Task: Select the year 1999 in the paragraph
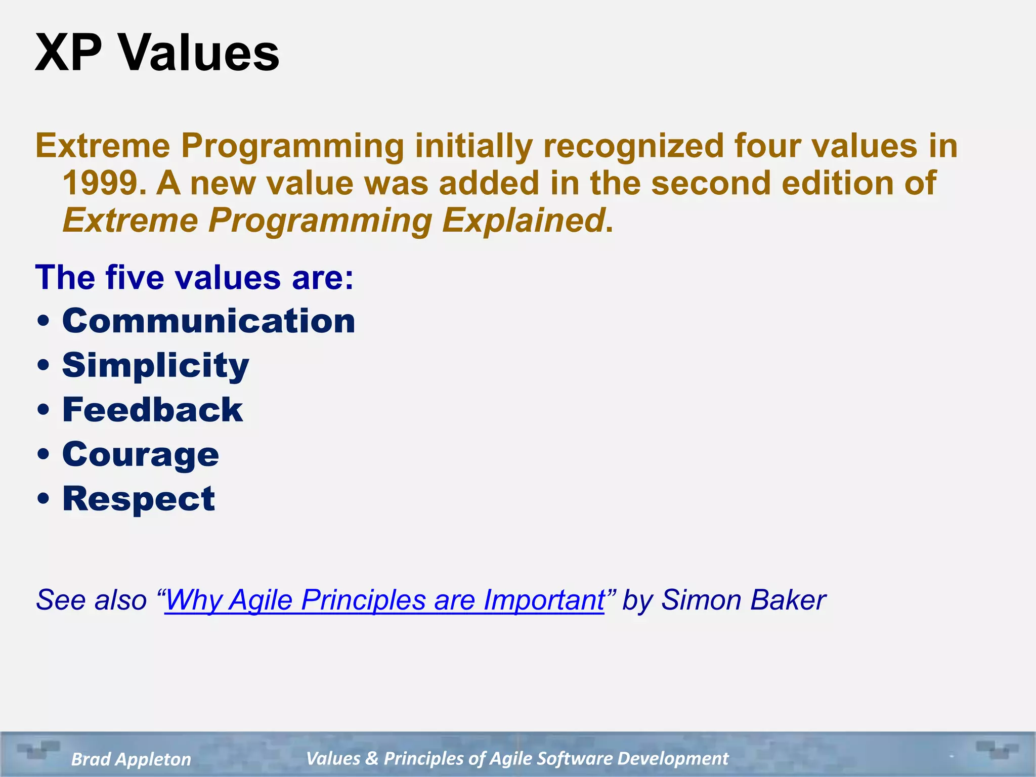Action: pos(100,183)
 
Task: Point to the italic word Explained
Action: pos(523,221)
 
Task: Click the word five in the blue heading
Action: pos(135,278)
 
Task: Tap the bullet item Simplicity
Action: pos(155,365)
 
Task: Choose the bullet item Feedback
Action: pos(152,410)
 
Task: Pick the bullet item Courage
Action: pos(141,454)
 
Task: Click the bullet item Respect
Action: pos(139,499)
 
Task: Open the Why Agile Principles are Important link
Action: pos(384,600)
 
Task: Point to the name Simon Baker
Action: pos(744,600)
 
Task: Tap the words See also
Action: pos(91,600)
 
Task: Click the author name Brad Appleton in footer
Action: pos(131,759)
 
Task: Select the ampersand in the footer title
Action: pos(371,758)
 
